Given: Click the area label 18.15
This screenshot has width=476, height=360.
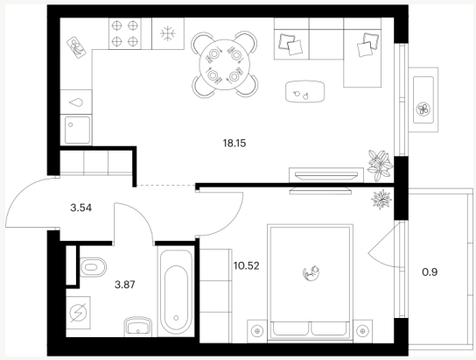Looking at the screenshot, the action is click(234, 143).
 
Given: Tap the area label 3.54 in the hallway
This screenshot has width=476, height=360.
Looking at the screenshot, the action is click(80, 208).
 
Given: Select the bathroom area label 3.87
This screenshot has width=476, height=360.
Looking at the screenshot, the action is click(125, 285).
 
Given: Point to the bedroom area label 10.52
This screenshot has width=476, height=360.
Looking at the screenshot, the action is click(247, 265).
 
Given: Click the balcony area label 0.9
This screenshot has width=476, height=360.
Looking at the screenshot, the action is click(430, 272).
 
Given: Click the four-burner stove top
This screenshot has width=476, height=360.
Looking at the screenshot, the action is click(125, 33).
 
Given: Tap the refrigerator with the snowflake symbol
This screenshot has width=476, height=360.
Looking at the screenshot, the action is click(168, 33).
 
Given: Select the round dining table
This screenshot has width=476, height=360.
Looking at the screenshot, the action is click(224, 64).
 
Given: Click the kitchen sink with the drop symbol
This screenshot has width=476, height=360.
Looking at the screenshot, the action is click(76, 102).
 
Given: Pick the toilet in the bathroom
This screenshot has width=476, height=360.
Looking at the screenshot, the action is click(94, 267).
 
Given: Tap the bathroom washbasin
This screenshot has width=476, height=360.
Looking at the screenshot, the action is click(138, 327).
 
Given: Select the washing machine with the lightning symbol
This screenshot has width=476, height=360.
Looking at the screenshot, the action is click(79, 313).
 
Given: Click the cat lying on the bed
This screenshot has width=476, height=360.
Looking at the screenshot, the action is click(311, 272).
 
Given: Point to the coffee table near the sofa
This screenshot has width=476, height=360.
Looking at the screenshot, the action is click(304, 91).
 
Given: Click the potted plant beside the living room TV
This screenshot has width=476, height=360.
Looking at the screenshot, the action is click(380, 166).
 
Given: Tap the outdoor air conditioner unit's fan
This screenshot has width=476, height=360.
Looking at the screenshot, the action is click(423, 109).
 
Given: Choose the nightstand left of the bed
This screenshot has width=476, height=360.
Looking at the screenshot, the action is click(258, 331).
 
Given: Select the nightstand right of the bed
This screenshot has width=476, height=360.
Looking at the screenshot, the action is click(362, 331).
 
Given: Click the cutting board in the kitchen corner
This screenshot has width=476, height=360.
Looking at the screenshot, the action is click(76, 47).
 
